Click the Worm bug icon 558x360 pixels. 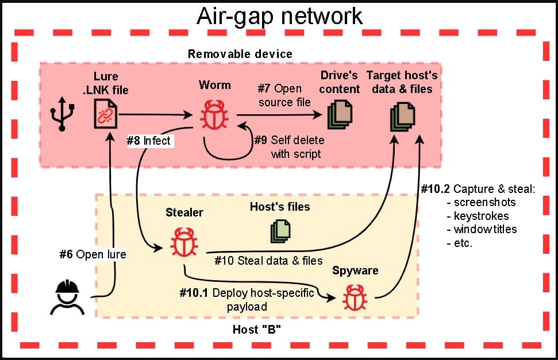(x=214, y=114)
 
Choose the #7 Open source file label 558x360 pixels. (x=284, y=95)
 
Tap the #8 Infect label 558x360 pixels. (x=149, y=140)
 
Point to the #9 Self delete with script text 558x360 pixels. (x=289, y=147)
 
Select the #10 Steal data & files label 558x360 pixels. (x=268, y=261)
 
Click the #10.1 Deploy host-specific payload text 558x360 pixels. (x=247, y=300)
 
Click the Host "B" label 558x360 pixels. (x=256, y=330)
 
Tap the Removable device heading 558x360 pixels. (x=240, y=54)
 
